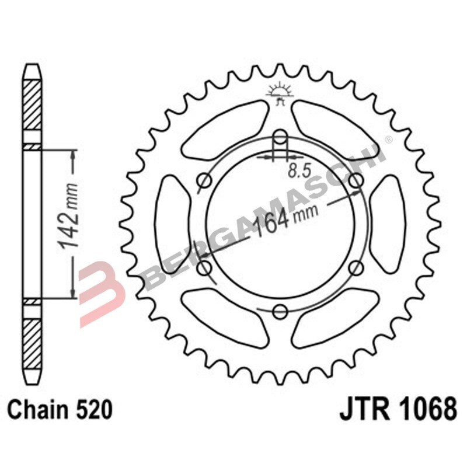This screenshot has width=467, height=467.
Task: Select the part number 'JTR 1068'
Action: (x=398, y=409)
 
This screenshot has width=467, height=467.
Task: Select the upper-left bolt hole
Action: (x=204, y=182)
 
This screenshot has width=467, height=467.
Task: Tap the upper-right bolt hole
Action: (x=356, y=182)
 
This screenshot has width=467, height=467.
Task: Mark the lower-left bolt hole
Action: (x=204, y=268)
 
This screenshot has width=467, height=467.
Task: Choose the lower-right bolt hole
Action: (x=356, y=268)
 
